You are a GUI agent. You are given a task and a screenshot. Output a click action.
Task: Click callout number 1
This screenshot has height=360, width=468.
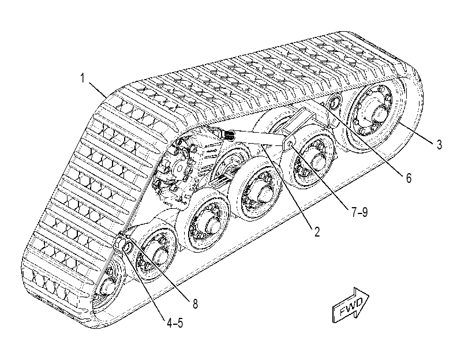[x=83, y=78]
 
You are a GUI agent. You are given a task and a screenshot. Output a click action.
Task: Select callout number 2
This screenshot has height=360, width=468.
[x=316, y=231]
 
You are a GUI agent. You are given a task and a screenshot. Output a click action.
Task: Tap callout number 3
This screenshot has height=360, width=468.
[x=439, y=144]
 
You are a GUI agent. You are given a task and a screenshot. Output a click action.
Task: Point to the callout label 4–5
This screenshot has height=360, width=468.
[x=175, y=322]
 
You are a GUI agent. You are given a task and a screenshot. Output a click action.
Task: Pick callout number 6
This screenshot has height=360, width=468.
[x=409, y=178]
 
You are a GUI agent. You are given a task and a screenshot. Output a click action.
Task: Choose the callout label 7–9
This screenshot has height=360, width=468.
[x=360, y=212]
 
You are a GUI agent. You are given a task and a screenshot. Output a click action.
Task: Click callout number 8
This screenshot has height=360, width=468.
[x=195, y=304]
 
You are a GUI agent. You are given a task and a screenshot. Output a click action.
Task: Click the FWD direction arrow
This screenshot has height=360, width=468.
[x=351, y=305]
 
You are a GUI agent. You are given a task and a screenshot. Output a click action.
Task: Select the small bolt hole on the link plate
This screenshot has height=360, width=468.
[x=290, y=145]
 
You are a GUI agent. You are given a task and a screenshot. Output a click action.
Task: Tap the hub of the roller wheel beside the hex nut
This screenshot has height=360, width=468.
[x=159, y=257]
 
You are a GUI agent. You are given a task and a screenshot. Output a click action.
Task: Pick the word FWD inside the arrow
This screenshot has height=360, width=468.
[x=351, y=306]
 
